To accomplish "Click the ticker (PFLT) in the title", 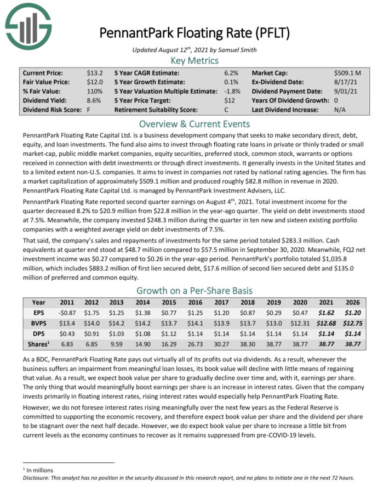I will (270, 33).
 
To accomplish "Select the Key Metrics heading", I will (195, 60).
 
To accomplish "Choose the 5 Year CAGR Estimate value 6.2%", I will (232, 72).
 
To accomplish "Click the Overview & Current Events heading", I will (195, 123).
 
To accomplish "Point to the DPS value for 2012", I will (91, 334).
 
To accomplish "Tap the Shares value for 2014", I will (143, 344).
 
